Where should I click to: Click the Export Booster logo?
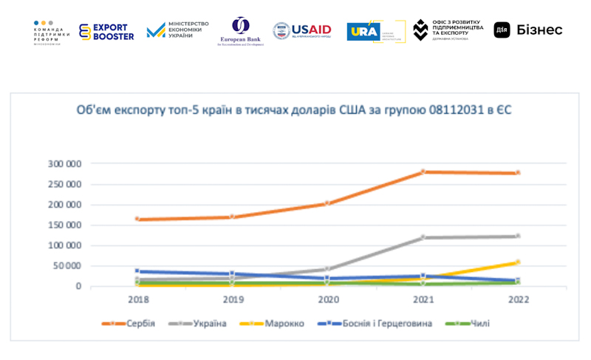[x=107, y=31]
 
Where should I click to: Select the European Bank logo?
[x=240, y=31]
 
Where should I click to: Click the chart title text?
[x=294, y=110]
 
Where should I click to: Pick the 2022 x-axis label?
[x=517, y=299]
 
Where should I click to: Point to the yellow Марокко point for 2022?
[x=517, y=262]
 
